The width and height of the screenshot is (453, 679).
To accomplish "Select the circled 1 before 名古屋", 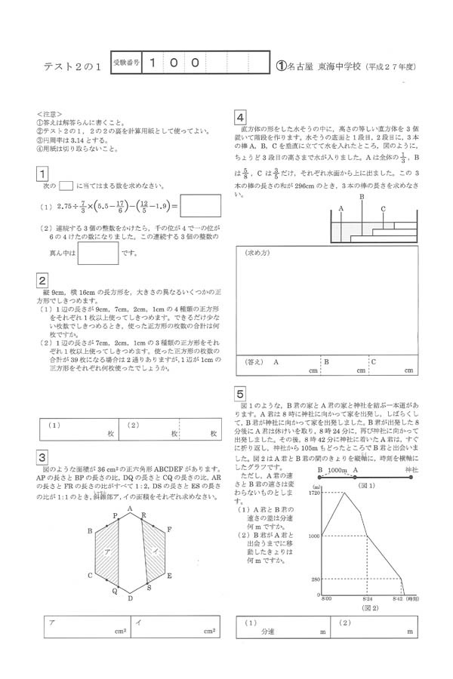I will click(282, 66).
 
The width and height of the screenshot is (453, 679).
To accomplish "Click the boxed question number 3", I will click(43, 458).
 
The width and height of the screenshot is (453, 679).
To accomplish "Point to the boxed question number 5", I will click(239, 394).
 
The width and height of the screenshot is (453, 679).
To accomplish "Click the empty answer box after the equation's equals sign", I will click(201, 205).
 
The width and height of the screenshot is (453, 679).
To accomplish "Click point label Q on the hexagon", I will click(115, 591).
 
